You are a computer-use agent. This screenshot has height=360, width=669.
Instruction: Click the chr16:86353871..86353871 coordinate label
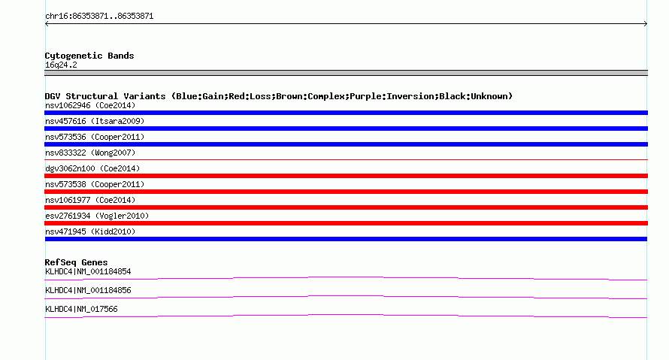click(99, 17)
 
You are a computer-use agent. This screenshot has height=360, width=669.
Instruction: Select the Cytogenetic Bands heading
click(89, 56)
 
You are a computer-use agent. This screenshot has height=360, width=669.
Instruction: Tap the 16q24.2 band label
click(61, 65)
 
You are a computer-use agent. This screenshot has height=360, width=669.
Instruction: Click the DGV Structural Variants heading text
click(279, 96)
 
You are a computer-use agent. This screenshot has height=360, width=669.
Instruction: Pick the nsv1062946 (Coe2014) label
click(90, 105)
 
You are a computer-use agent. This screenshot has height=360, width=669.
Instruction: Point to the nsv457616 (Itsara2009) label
click(95, 121)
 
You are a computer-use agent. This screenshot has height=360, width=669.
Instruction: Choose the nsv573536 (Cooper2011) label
click(95, 137)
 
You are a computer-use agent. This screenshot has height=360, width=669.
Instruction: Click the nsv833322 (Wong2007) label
click(90, 153)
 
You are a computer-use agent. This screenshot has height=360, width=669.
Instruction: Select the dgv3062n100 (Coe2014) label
click(92, 168)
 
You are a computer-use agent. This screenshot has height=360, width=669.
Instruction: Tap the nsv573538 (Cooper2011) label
click(95, 184)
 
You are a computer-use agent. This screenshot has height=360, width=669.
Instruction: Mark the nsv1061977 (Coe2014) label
click(90, 200)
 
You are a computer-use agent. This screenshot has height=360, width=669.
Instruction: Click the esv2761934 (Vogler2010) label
click(97, 216)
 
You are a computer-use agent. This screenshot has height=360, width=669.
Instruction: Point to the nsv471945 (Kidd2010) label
click(90, 231)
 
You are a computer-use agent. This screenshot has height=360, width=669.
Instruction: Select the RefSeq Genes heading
click(76, 263)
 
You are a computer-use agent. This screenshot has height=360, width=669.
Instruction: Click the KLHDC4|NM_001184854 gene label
click(88, 272)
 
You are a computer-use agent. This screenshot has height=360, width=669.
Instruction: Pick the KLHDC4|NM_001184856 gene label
click(88, 290)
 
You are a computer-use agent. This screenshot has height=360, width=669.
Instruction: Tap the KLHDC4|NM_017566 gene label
click(81, 309)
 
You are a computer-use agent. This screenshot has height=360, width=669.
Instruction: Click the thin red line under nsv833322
click(346, 159)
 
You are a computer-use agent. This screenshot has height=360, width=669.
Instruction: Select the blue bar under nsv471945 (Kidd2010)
click(346, 239)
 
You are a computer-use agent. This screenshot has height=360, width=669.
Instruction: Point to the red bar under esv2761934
click(346, 223)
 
